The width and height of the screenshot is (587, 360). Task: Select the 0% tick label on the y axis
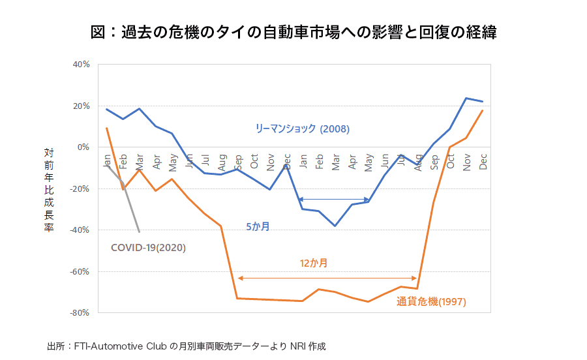83,147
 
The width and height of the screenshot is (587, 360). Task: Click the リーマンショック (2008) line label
302,129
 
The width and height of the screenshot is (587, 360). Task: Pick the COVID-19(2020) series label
149,248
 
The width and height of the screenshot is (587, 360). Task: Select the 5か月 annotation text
258,226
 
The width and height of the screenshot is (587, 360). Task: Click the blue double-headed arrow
334,200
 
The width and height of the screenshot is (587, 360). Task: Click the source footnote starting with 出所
186,346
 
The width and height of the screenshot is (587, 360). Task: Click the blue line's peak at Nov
466,98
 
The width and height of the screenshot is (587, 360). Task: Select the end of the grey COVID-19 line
139,232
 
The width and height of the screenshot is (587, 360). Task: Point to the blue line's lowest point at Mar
335,226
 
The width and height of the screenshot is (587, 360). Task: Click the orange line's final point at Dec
483,111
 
